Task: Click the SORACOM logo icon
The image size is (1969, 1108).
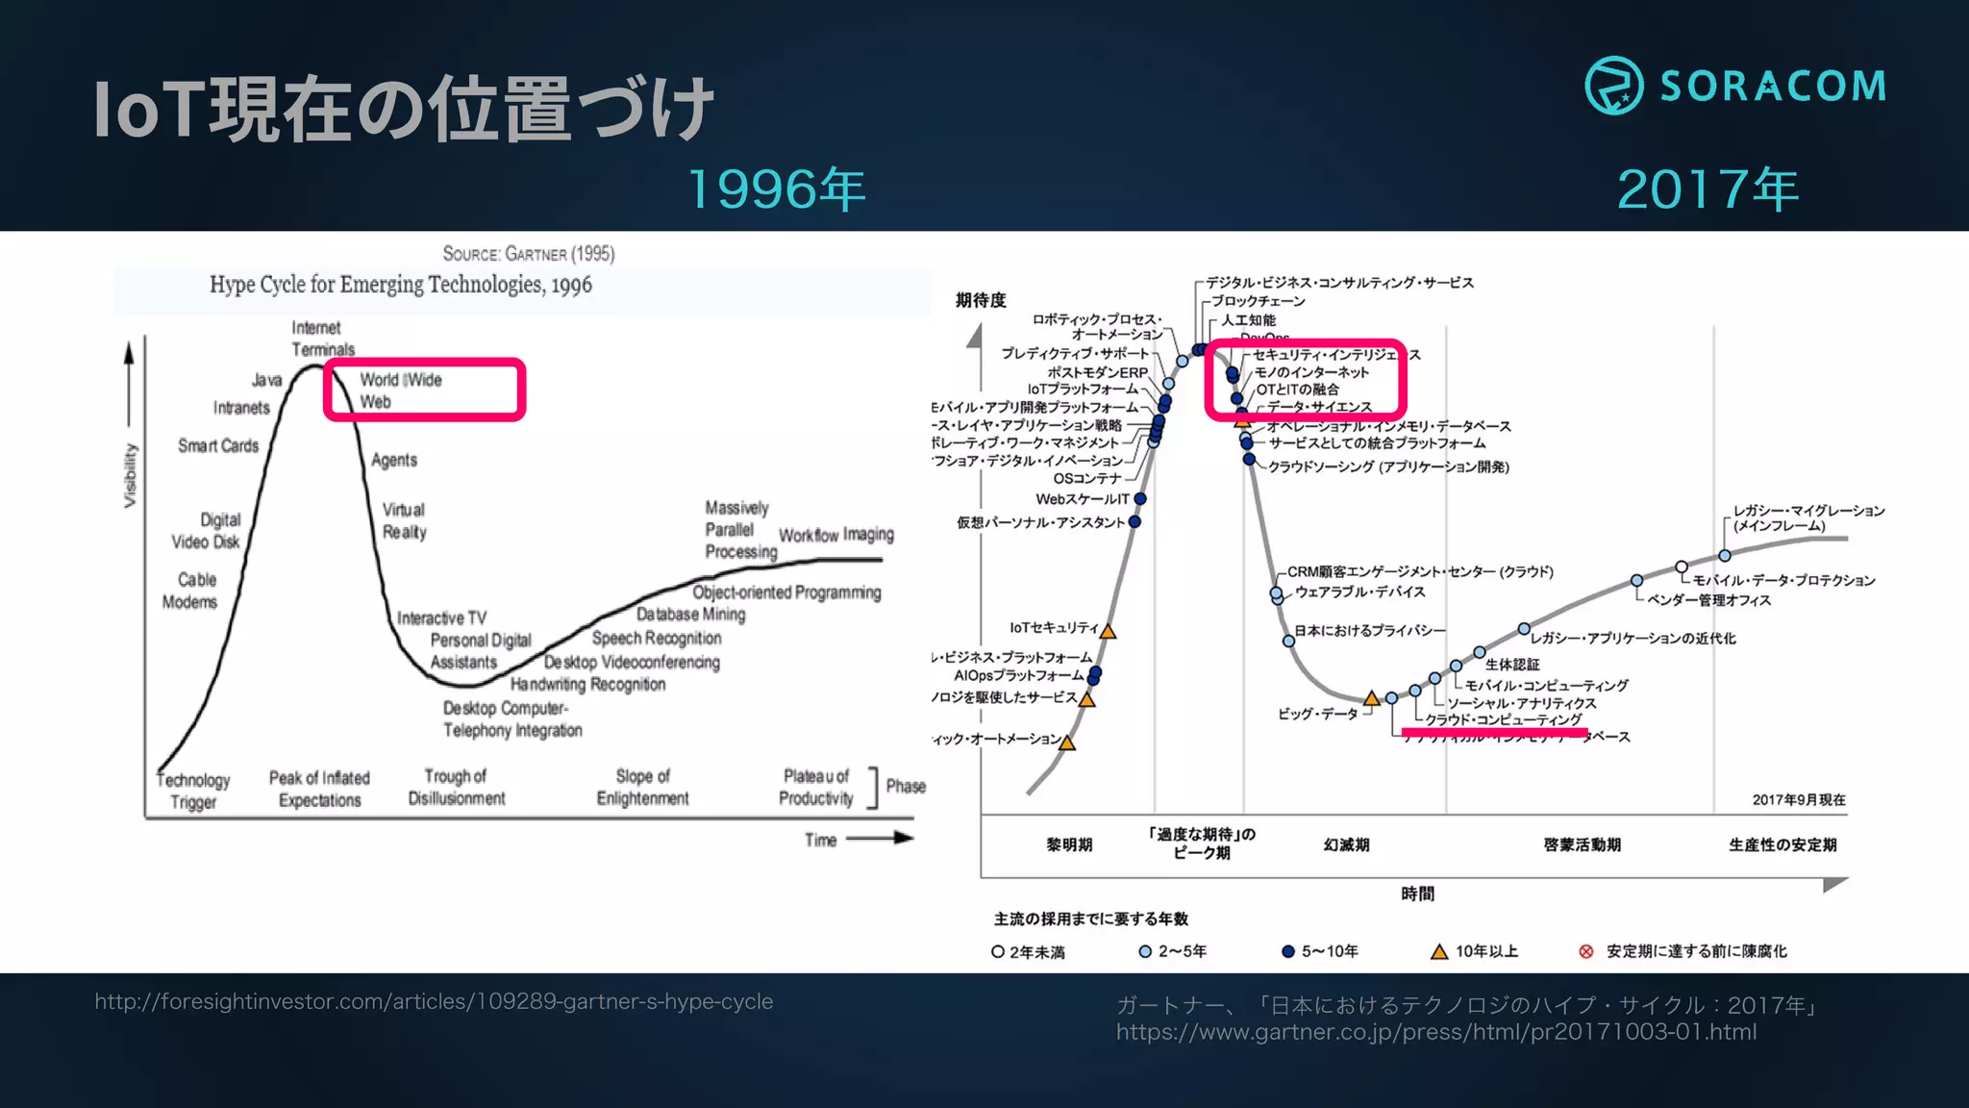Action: pyautogui.click(x=1613, y=86)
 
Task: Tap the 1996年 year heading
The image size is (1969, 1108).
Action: pyautogui.click(x=777, y=189)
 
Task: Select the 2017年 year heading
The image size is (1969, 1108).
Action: pyautogui.click(x=1707, y=189)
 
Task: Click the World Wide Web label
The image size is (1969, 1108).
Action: pyautogui.click(x=401, y=390)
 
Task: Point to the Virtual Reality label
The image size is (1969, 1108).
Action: pyautogui.click(x=404, y=520)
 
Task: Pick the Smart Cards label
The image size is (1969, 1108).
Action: pyautogui.click(x=218, y=445)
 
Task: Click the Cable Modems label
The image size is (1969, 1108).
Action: pyautogui.click(x=190, y=591)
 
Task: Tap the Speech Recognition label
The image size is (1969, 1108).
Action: pyautogui.click(x=657, y=638)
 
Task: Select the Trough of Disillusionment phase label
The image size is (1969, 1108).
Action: pyautogui.click(x=456, y=787)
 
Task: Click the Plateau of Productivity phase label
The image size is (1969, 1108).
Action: pyautogui.click(x=816, y=787)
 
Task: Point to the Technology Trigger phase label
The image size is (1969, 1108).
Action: pyautogui.click(x=193, y=791)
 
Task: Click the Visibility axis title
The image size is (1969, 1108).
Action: pyautogui.click(x=130, y=475)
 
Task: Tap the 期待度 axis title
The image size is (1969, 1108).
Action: pyautogui.click(x=981, y=300)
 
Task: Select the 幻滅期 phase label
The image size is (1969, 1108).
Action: pyautogui.click(x=1346, y=844)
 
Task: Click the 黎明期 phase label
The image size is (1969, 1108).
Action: pyautogui.click(x=1069, y=844)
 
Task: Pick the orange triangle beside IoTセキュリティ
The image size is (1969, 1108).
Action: pyautogui.click(x=1108, y=632)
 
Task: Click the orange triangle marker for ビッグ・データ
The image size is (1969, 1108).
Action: pyautogui.click(x=1372, y=698)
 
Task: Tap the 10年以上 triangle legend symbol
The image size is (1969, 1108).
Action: pyautogui.click(x=1439, y=951)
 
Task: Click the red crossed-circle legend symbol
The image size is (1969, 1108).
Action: pyautogui.click(x=1586, y=951)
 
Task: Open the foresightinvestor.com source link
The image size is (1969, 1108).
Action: pyautogui.click(x=434, y=1001)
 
